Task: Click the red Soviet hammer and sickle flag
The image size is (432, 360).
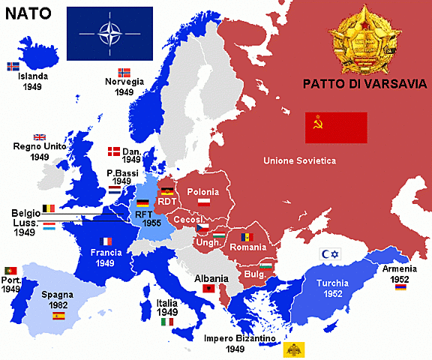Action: coord(335,127)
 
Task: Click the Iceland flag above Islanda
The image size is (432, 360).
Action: coord(13,65)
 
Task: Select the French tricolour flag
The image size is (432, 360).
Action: coord(106,241)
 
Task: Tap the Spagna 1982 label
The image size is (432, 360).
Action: coord(57,301)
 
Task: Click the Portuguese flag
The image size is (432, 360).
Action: coord(10,270)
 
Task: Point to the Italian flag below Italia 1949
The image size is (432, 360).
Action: coord(167,322)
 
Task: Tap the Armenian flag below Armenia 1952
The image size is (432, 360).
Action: coord(401,286)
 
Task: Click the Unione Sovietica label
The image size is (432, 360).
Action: coord(299,160)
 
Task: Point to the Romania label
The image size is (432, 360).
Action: coord(247,247)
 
